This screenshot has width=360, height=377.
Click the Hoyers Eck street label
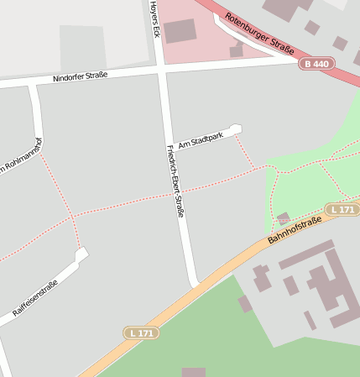154,18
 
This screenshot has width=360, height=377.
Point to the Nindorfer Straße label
81,76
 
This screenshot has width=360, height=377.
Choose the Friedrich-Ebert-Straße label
175,181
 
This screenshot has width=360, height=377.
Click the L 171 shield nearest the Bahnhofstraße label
342,209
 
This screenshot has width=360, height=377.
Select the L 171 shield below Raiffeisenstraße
141,333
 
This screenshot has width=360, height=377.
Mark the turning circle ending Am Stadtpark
236,129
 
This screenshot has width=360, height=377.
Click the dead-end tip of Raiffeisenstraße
81,253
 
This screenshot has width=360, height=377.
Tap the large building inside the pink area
180,31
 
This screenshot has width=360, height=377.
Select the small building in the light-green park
284,218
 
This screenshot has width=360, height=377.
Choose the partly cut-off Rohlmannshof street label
21,154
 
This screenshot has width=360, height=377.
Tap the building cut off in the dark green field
193,372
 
